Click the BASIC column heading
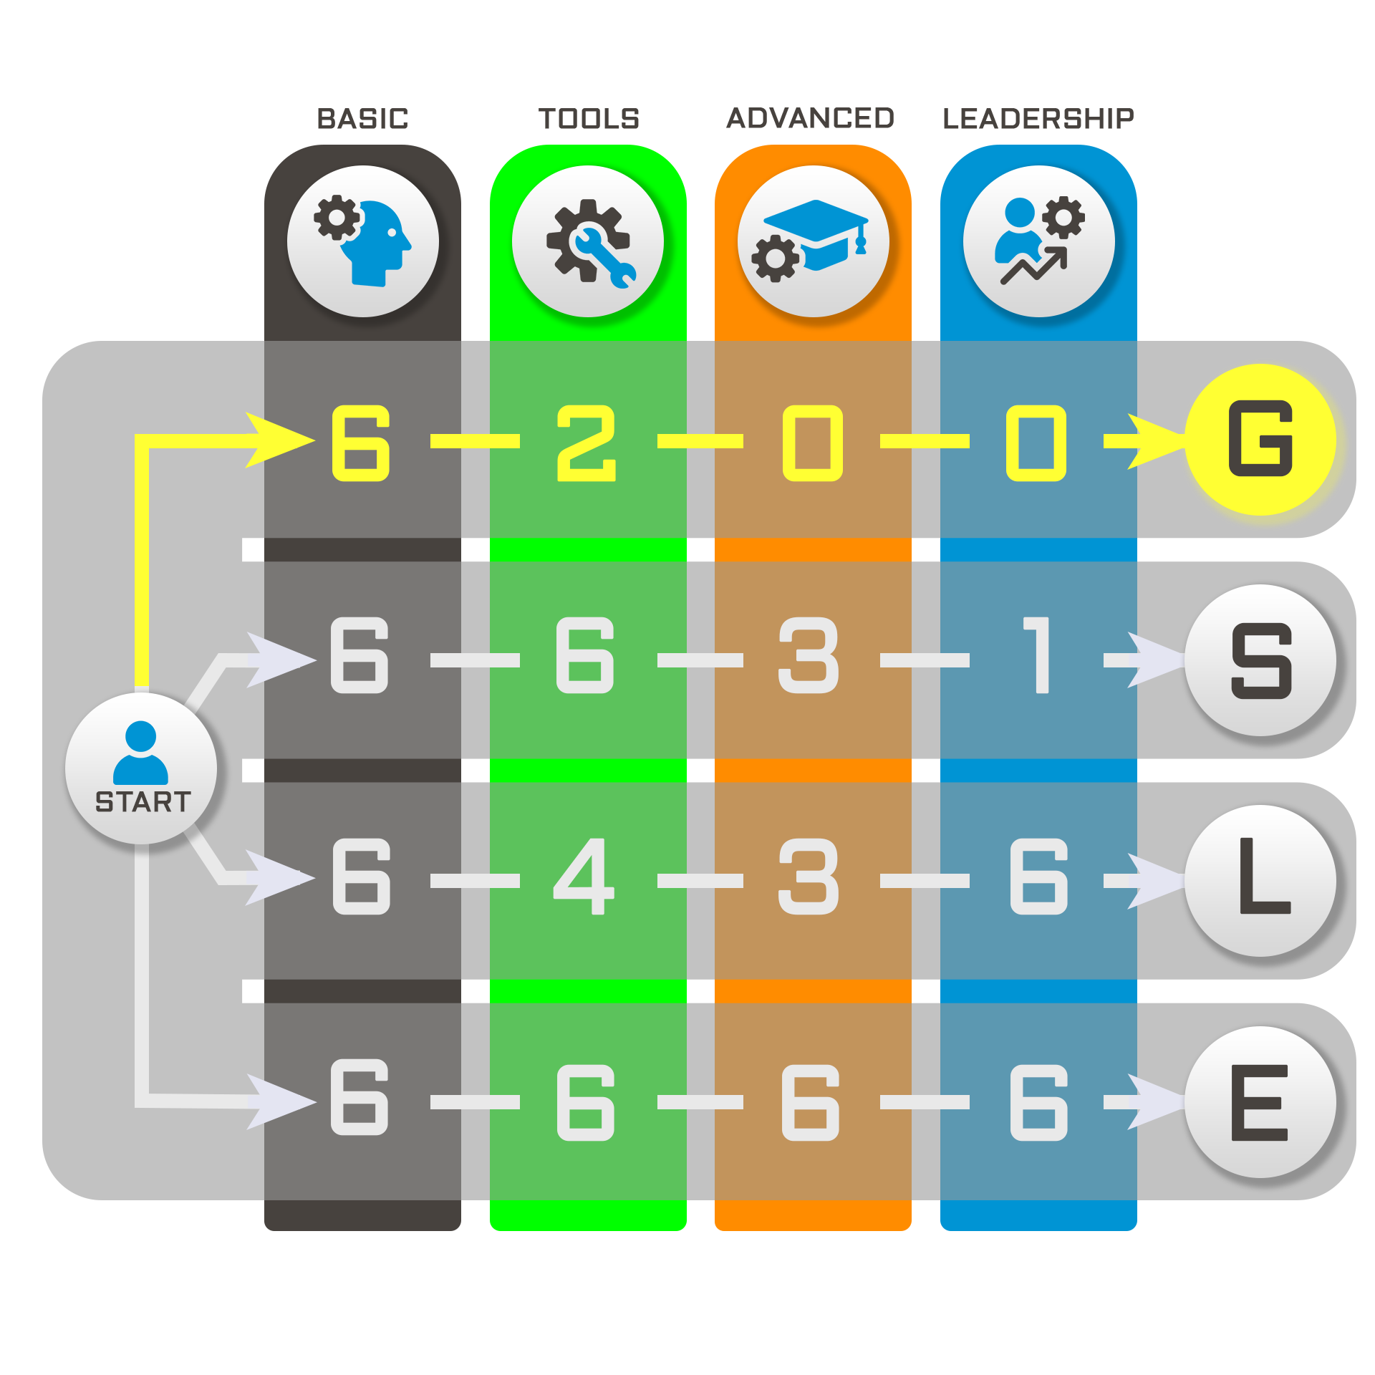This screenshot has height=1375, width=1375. [362, 119]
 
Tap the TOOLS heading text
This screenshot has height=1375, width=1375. [589, 119]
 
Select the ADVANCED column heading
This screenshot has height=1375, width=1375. [811, 118]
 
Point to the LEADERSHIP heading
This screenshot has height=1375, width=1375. [1038, 119]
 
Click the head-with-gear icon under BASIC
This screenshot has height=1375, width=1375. [363, 241]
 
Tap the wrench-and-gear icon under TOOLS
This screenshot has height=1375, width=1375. [588, 241]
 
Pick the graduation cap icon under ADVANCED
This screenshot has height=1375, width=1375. [814, 241]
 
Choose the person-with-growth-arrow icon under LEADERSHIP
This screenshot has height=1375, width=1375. [1039, 241]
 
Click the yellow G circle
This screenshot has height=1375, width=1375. [1260, 439]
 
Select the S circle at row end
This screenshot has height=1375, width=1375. [1260, 660]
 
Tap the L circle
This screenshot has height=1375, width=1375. [1260, 881]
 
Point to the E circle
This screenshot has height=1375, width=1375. [1260, 1102]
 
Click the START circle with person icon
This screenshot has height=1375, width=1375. [141, 768]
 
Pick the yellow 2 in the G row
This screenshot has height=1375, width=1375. [587, 443]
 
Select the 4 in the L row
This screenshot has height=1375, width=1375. [584, 876]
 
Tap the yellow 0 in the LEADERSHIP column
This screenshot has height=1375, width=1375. [1036, 443]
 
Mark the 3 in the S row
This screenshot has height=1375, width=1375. [809, 655]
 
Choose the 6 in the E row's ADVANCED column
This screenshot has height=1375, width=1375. [811, 1102]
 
